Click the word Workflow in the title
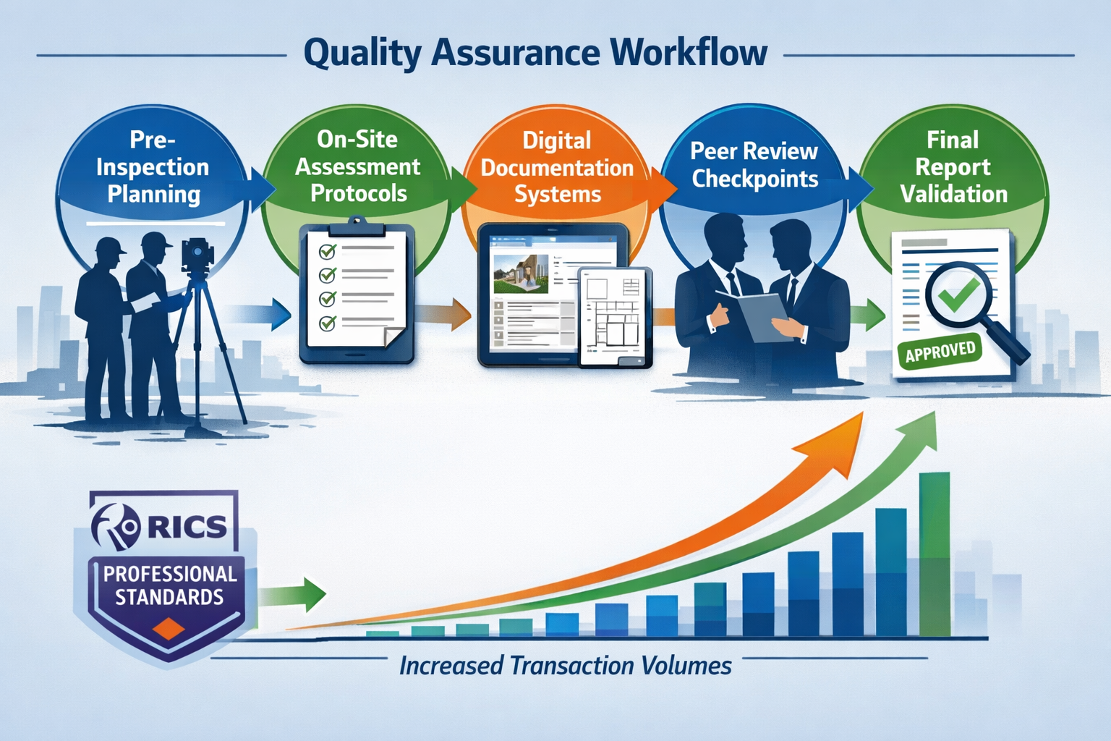click(x=688, y=53)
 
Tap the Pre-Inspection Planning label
click(x=153, y=167)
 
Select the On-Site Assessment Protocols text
click(x=357, y=166)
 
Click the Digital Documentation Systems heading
click(x=557, y=168)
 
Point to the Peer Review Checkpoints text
click(x=754, y=165)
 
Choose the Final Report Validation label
click(x=953, y=167)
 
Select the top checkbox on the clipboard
click(x=328, y=251)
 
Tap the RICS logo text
click(x=187, y=527)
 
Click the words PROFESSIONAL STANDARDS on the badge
click(x=170, y=585)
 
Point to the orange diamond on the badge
click(x=169, y=628)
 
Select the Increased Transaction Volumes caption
click(x=565, y=666)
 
